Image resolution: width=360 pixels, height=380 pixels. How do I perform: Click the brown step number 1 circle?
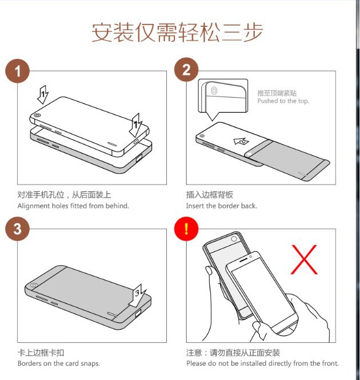tap(18, 71)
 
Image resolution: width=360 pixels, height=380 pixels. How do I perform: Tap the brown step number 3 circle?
tap(18, 229)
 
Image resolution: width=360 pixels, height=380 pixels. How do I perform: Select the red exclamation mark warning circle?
tap(186, 229)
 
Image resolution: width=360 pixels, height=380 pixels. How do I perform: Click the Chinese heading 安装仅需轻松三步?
tap(178, 32)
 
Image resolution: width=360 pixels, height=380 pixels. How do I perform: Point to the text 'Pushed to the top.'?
tap(283, 101)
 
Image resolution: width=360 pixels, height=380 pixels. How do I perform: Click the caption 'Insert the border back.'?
tap(221, 206)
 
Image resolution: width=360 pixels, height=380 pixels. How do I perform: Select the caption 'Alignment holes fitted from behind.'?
tap(73, 206)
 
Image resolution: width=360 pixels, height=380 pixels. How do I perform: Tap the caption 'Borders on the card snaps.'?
tap(59, 363)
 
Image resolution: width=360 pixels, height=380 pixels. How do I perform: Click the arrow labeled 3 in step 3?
tap(138, 294)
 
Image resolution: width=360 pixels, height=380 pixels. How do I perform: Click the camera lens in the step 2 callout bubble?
tap(213, 91)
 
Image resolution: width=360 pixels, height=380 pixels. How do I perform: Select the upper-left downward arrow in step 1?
tap(43, 93)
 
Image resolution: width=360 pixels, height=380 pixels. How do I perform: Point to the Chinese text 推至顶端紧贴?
tap(277, 93)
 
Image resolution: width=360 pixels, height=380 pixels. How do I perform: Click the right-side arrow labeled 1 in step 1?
tap(137, 123)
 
